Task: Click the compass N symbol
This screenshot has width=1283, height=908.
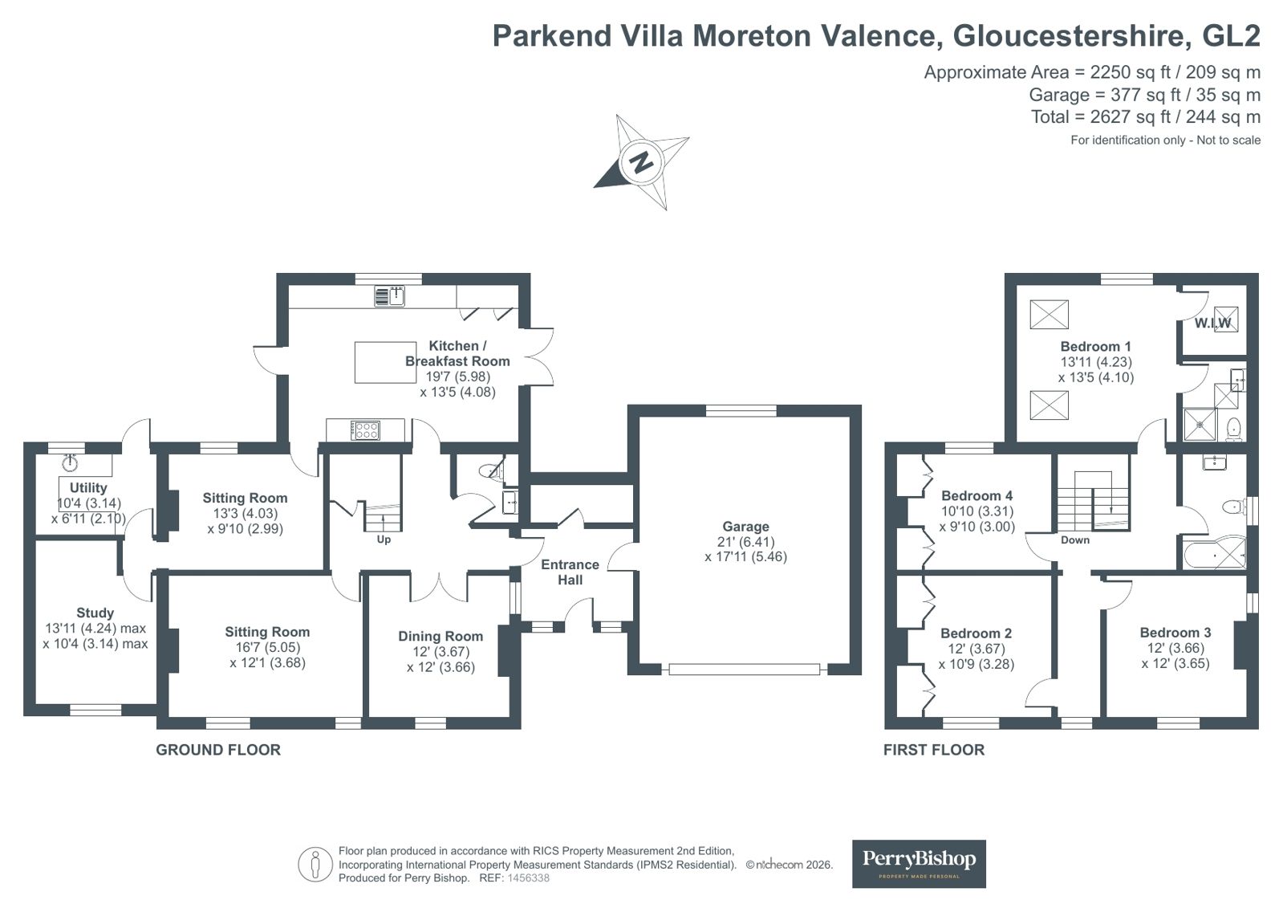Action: click(x=642, y=162)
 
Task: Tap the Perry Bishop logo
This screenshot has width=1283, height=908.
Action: click(x=919, y=863)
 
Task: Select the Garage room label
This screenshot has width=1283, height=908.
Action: click(x=745, y=526)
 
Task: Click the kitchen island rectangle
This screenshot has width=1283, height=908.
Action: click(x=385, y=362)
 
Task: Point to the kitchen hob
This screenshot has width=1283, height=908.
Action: click(x=365, y=430)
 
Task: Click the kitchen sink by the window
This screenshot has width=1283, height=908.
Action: click(x=389, y=295)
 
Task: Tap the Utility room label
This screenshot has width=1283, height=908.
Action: click(x=88, y=488)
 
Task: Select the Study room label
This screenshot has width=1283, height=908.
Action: click(x=95, y=613)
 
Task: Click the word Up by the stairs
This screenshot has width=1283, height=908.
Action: click(x=384, y=540)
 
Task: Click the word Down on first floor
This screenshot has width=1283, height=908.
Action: click(x=1075, y=540)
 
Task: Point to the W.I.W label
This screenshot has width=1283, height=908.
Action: click(x=1212, y=323)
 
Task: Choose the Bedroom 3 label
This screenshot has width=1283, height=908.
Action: click(x=1175, y=633)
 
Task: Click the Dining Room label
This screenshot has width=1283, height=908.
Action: click(x=441, y=637)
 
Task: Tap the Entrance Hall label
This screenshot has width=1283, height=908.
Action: click(x=570, y=572)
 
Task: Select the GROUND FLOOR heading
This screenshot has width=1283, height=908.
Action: click(x=218, y=750)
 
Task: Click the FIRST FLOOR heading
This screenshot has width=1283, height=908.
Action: click(x=934, y=750)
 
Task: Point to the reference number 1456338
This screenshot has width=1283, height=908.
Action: click(x=528, y=878)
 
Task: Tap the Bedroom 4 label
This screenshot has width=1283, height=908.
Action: click(x=977, y=495)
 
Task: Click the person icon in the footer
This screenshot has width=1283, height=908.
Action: click(x=315, y=865)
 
